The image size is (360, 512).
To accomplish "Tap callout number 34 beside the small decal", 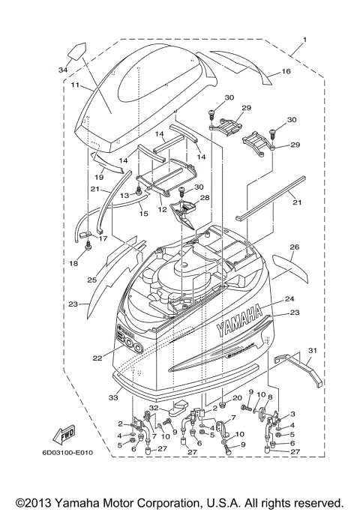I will tap(62, 70).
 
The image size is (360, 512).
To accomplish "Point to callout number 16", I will tap(286, 72).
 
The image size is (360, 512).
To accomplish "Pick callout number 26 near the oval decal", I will tap(295, 247).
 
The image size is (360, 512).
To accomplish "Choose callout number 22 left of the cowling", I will tap(97, 358).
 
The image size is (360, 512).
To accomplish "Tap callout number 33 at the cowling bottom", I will tap(115, 397).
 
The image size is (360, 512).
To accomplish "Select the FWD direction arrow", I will tap(58, 434).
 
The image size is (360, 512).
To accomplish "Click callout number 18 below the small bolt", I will tap(74, 265).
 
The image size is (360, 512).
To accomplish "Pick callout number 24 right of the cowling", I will tap(289, 299).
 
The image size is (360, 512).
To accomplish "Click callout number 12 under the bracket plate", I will tap(161, 211).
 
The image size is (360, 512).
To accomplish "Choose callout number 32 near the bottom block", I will tap(154, 408).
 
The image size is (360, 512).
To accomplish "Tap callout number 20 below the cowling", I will tap(236, 397).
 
